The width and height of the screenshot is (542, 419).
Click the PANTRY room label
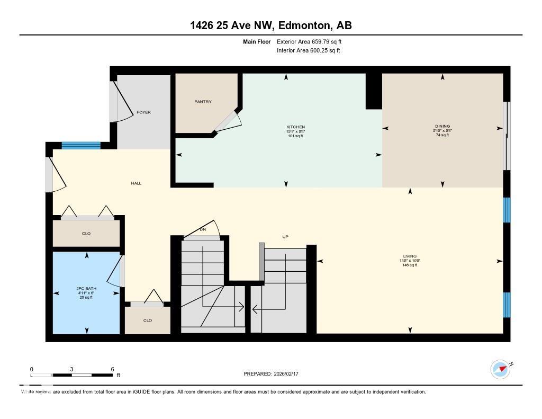(203, 102)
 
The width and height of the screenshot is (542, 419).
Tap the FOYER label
(143, 112)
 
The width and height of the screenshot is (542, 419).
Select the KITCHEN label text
(295, 127)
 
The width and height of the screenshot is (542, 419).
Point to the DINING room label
(442, 127)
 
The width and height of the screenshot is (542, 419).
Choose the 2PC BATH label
(86, 289)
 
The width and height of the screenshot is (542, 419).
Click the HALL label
(136, 183)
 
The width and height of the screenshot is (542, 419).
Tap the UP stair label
(285, 237)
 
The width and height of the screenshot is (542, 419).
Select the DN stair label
(203, 229)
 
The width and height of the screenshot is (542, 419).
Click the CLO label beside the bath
(148, 320)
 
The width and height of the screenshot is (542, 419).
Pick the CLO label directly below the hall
(86, 234)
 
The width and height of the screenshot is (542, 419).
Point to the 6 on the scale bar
(113, 369)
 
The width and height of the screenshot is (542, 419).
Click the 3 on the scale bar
(71, 369)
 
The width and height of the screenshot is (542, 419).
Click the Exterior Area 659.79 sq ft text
(312, 41)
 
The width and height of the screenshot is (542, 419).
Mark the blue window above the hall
(81, 146)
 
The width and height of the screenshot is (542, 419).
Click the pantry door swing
(230, 121)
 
